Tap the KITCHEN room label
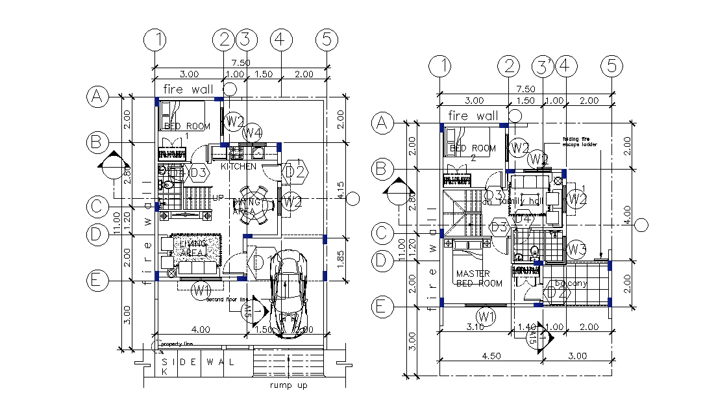[238, 167]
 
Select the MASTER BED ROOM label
[479, 278]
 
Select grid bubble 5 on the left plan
[327, 40]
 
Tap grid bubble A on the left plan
[97, 97]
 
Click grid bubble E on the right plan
[382, 306]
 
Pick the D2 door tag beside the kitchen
[295, 172]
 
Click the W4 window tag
[253, 133]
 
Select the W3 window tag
[576, 248]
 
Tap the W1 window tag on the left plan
[201, 289]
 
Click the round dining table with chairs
[253, 204]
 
